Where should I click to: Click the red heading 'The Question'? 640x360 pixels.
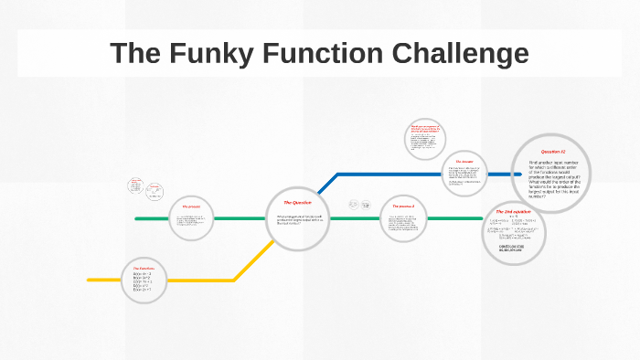(297, 202)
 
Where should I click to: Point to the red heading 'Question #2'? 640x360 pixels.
(553, 151)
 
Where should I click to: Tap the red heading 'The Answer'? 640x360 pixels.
(464, 162)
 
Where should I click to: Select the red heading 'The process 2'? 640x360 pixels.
(403, 206)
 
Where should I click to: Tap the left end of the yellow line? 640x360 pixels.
(90, 280)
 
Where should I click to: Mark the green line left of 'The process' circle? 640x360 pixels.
(151, 218)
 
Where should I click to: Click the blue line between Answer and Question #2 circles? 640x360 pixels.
(498, 173)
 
